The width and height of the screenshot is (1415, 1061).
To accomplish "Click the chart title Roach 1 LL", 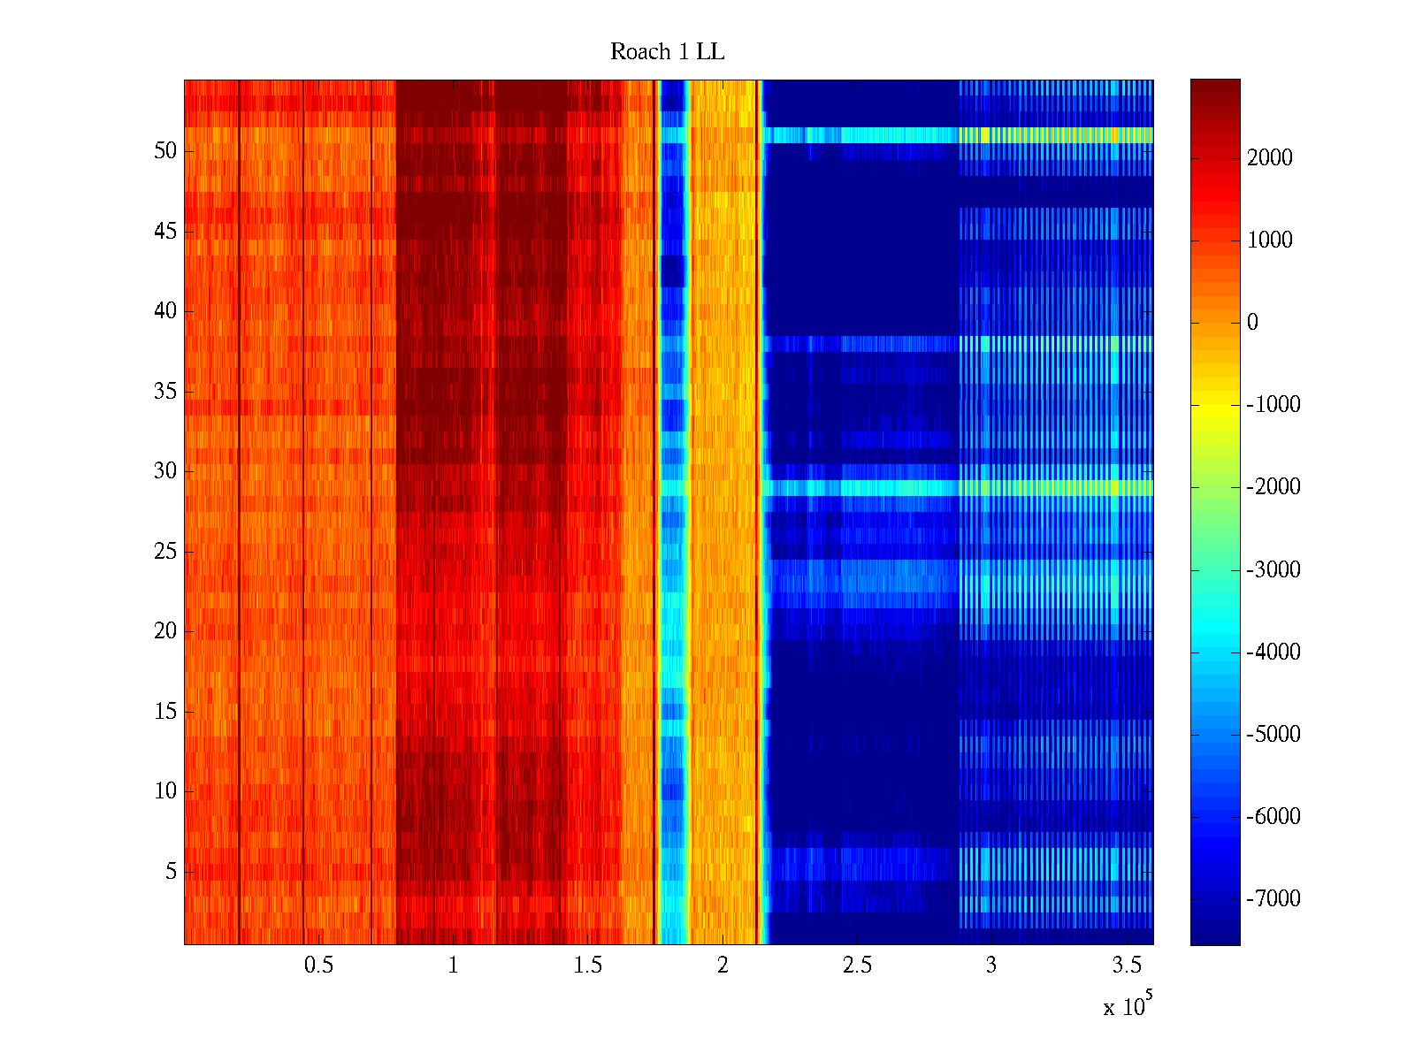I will [x=667, y=52].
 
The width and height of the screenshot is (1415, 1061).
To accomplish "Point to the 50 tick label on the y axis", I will [x=165, y=151].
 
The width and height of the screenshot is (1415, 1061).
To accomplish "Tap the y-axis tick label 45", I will [x=165, y=232].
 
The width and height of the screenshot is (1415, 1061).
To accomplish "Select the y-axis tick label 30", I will [x=165, y=471].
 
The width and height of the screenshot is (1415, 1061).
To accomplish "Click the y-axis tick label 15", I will [x=165, y=712].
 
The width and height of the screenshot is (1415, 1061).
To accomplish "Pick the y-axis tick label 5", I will [x=171, y=872].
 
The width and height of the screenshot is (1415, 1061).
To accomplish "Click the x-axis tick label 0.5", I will [x=318, y=966].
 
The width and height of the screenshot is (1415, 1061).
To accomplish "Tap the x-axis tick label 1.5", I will [x=587, y=966].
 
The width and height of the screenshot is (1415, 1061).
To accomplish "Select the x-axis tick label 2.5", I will [x=856, y=966].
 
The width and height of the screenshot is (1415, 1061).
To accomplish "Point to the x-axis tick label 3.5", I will [x=1126, y=966].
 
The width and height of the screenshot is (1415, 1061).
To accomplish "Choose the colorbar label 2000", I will [x=1270, y=158].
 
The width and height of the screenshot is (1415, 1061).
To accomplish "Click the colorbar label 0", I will [x=1252, y=323].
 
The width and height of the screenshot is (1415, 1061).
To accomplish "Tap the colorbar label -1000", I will [x=1273, y=405].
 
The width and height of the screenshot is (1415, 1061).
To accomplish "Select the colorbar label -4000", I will [x=1273, y=653].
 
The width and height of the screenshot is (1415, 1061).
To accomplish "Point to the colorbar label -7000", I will [x=1273, y=899].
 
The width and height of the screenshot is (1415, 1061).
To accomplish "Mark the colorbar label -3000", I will [x=1273, y=569].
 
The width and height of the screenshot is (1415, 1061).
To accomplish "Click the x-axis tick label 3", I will [x=990, y=966].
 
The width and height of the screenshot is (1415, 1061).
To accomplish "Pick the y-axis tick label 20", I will [x=165, y=631].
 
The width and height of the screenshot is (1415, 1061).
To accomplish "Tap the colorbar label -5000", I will [x=1273, y=735].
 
